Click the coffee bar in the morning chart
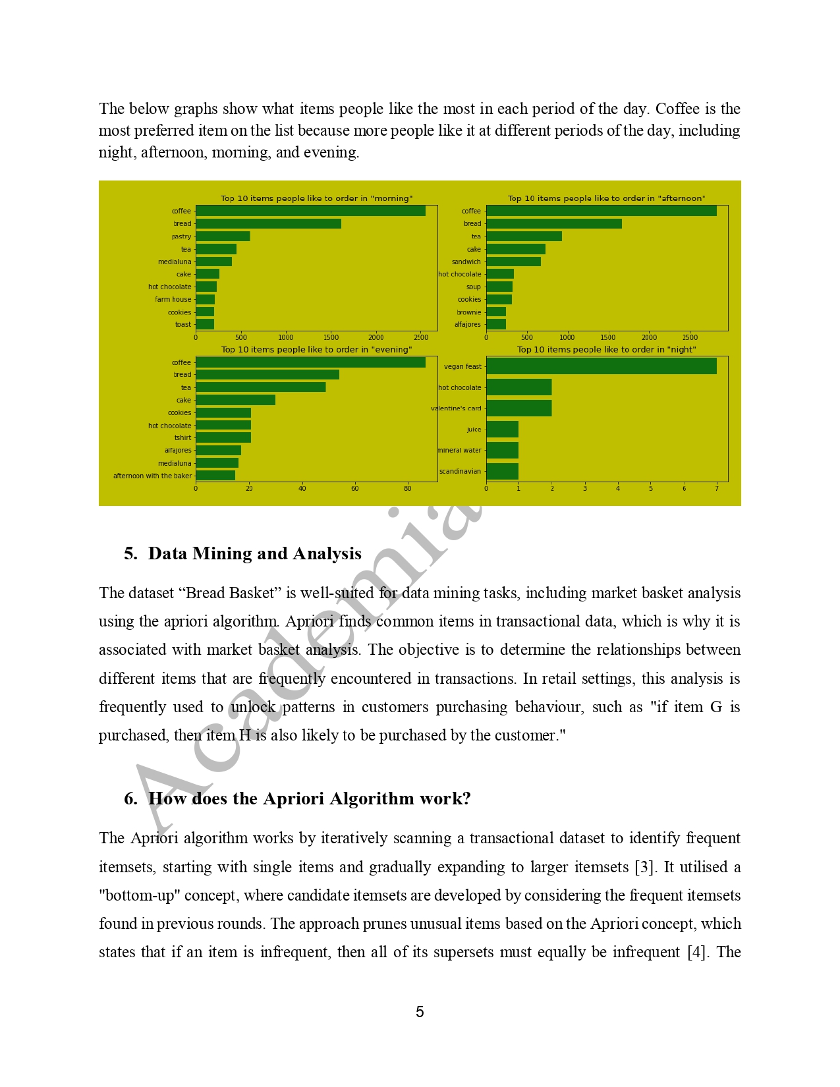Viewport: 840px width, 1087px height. tap(310, 211)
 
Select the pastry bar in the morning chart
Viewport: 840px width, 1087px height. tap(223, 237)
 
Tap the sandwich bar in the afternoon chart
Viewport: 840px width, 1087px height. tap(513, 262)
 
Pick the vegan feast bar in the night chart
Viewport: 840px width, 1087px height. tap(601, 366)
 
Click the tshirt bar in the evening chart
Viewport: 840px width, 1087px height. tap(223, 437)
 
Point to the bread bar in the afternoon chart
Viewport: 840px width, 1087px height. tap(553, 224)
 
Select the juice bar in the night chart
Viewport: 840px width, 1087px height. tap(502, 430)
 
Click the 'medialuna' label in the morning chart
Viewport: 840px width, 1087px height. tap(175, 262)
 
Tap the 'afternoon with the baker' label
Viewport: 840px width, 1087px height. tap(152, 476)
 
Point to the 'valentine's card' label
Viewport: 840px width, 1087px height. tap(456, 408)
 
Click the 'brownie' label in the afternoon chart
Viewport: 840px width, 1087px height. tap(468, 312)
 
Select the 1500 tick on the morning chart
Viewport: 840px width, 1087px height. tap(331, 337)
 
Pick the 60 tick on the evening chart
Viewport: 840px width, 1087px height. tap(354, 489)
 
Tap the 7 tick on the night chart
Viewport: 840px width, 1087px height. tap(716, 489)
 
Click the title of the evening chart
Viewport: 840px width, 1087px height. tap(316, 350)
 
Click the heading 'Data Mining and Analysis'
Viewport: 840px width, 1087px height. tap(254, 553)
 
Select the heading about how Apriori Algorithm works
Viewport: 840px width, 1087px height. tap(309, 798)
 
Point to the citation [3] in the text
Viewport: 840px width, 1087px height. tap(646, 867)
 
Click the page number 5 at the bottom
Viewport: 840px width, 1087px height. tap(420, 1012)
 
